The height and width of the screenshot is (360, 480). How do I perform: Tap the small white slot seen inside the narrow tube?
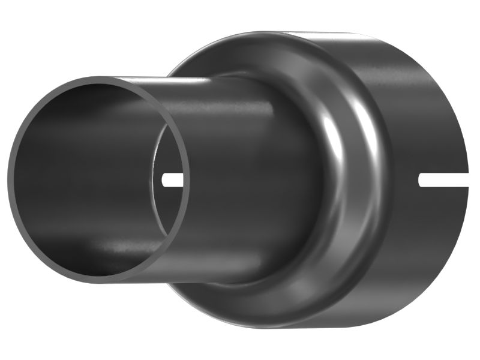coord(173,179)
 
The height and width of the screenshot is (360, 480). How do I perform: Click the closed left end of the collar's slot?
coord(421,179)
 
